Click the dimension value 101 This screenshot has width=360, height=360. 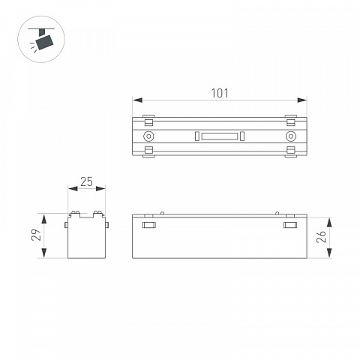click(220, 93)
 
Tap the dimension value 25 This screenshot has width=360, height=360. click(86, 181)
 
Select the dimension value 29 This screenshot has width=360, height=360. click(36, 235)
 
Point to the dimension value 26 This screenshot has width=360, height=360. click(321, 236)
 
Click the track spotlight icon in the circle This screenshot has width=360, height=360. click(41, 39)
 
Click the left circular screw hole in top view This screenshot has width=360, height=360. click(148, 136)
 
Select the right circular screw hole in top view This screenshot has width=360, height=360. click(291, 136)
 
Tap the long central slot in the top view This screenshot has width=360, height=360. click(220, 136)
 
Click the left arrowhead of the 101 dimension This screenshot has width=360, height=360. click(137, 100)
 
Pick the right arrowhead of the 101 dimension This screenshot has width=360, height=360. click(302, 100)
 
